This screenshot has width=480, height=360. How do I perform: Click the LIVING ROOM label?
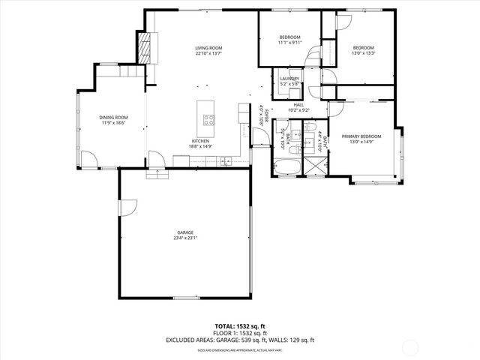(209, 48)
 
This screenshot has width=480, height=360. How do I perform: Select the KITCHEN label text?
(199, 141)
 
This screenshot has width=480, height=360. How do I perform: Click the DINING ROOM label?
(114, 117)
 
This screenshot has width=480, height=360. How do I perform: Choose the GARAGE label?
(184, 234)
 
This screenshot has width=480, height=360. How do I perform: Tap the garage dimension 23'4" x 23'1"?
(184, 240)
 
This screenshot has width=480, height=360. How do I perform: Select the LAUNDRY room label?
(289, 79)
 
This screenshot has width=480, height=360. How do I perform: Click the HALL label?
(298, 105)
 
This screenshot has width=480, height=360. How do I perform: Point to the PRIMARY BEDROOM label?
(361, 136)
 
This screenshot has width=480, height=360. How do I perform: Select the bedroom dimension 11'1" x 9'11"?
(290, 43)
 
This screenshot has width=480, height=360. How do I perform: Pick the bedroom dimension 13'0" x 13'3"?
(363, 52)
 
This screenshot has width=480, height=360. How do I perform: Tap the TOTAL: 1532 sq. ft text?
(239, 326)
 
